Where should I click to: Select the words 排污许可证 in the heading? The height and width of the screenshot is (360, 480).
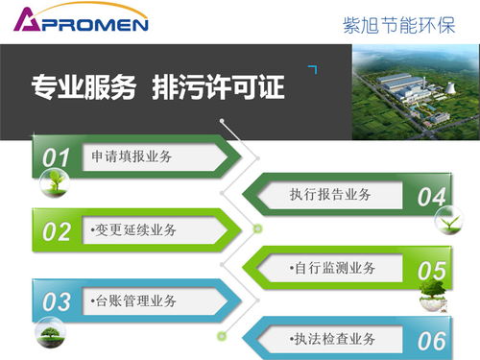click(x=219, y=88)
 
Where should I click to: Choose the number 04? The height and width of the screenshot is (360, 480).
click(x=432, y=197)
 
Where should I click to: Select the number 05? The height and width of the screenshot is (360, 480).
click(x=432, y=271)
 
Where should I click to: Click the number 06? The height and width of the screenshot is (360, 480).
click(x=432, y=340)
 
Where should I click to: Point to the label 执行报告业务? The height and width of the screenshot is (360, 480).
click(x=330, y=195)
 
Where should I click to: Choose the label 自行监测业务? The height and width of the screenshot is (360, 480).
click(x=332, y=268)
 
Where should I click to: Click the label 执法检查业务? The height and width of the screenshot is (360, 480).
click(x=332, y=339)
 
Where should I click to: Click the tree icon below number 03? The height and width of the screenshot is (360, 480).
click(x=50, y=333)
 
